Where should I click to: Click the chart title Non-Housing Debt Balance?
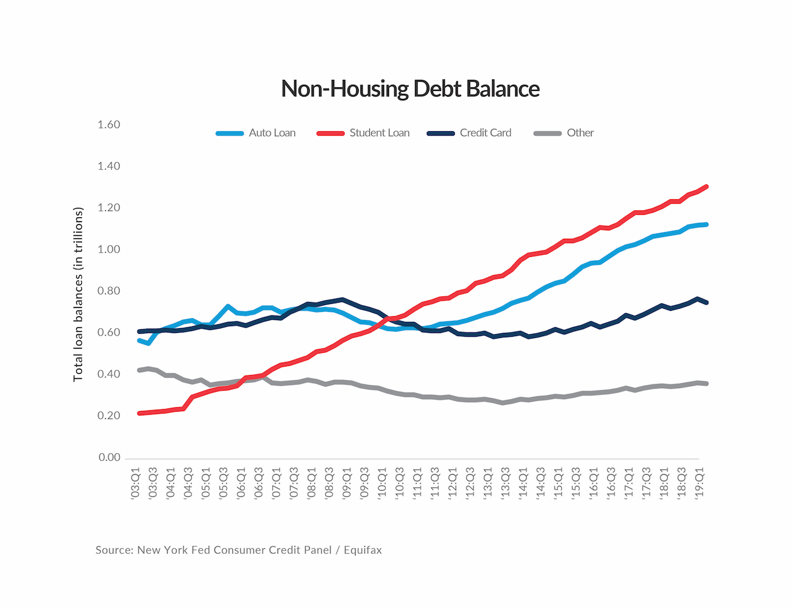410,89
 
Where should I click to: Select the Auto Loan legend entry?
255,132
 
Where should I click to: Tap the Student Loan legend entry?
363,132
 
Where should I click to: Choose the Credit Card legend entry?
469,132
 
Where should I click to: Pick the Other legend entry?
564,132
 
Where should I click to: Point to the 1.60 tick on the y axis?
109,124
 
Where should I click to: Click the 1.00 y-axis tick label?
109,249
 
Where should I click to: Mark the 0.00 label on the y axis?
109,457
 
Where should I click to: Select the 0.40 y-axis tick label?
109,374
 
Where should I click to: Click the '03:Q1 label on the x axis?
136,483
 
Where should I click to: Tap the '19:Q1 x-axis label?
699,483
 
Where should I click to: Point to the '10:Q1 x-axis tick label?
382,483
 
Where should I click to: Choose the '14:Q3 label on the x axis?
541,483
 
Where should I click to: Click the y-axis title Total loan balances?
78,295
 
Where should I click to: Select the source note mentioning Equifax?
239,550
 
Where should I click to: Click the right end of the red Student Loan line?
706,187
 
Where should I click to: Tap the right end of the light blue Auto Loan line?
706,225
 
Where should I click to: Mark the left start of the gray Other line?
139,370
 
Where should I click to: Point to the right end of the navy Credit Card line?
706,303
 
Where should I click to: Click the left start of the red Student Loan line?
139,413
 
